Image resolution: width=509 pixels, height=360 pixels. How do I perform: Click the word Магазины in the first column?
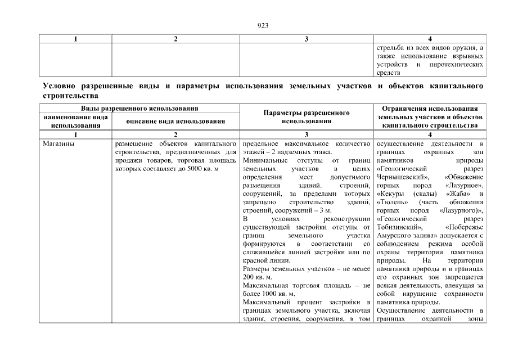[x=57, y=144]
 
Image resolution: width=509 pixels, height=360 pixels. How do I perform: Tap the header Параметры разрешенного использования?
[x=307, y=116]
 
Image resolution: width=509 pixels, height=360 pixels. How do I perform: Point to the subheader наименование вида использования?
[x=75, y=121]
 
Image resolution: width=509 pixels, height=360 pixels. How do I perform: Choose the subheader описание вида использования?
[x=175, y=121]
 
